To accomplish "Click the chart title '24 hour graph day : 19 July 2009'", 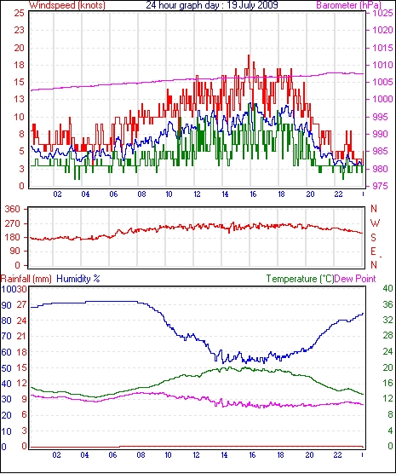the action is point(212,5).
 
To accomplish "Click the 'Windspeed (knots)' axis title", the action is point(67,5).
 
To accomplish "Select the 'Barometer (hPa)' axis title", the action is point(348,5).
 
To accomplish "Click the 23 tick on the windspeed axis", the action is point(19,30).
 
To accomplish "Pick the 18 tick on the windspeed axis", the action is point(19,65).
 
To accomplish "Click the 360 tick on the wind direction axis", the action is point(13,209).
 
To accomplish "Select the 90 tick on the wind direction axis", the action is point(14,251).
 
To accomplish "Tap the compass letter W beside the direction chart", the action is point(375,223).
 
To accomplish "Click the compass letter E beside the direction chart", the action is point(373,251).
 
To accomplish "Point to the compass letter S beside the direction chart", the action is point(373,238).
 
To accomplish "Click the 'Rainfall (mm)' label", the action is point(26,279).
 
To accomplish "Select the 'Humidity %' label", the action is point(78,279).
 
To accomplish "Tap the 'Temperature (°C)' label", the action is point(300,279).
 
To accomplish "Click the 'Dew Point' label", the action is point(355,279).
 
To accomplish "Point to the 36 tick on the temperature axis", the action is point(387,304).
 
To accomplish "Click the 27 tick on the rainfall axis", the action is point(21,304).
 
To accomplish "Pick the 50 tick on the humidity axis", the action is point(6,368).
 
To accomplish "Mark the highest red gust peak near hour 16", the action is point(249,55).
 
